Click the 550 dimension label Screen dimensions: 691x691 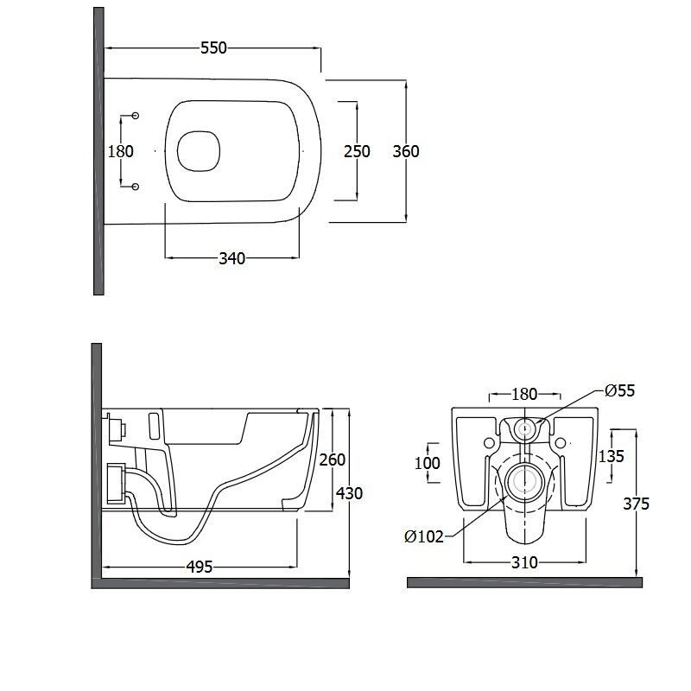click(213, 48)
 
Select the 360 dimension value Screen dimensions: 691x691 click(406, 151)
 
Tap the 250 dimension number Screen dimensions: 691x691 click(357, 151)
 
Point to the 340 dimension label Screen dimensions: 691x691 click(231, 258)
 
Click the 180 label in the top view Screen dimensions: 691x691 click(120, 151)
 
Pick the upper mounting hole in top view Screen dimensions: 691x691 click(136, 116)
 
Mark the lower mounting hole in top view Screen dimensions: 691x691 click(136, 187)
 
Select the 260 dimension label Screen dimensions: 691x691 click(333, 460)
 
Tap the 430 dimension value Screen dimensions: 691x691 click(350, 493)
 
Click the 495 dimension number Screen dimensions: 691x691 click(200, 567)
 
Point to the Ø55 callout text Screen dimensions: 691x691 click(619, 390)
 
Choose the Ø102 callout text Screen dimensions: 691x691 click(424, 536)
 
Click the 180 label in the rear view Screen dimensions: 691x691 click(524, 394)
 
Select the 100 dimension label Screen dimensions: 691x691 click(428, 463)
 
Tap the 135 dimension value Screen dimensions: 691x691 click(612, 456)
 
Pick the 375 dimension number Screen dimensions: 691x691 click(636, 504)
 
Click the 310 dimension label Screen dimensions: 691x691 click(524, 562)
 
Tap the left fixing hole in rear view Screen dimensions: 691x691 click(489, 441)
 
